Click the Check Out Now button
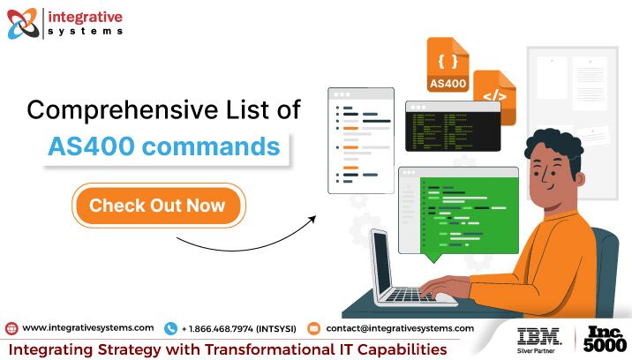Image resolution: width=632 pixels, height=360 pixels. point(158,206)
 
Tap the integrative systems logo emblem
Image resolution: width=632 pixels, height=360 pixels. point(23,23)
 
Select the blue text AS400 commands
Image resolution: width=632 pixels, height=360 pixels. point(163,146)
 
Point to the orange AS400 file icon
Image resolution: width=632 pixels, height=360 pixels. point(448,64)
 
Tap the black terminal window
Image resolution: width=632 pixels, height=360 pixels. point(453,126)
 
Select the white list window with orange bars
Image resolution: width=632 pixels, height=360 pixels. point(361,140)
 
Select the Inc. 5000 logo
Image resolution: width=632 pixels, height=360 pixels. point(605,339)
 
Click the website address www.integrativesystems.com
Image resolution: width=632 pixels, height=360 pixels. point(88,328)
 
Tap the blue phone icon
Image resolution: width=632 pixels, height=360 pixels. point(170,328)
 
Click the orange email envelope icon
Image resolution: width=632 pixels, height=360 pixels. point(313,328)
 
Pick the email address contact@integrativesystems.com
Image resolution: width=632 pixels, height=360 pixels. point(400,328)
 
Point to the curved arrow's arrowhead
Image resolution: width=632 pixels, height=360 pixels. point(312,219)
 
